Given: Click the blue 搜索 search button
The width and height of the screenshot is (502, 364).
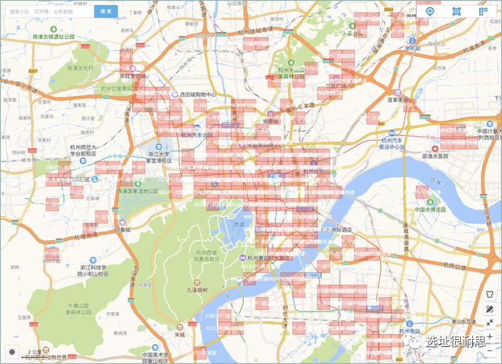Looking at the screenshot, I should point(105,11).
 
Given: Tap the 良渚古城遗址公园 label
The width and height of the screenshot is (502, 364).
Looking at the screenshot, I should point(53,36).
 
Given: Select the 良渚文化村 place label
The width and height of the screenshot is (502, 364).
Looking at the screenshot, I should point(80,68).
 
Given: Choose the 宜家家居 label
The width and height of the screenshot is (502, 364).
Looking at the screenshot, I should point(401,100).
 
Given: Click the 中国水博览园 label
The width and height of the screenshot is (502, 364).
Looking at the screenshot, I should point(430,210).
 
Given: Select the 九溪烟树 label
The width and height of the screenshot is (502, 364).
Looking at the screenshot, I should point(197,290).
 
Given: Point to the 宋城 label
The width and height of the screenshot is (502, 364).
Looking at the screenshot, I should point(179,334).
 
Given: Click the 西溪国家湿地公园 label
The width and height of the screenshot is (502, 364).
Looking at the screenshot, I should point(138,191).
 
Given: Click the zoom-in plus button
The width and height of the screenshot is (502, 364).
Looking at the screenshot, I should point(489,336).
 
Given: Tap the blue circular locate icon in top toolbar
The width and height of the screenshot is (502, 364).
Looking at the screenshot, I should point(429,11).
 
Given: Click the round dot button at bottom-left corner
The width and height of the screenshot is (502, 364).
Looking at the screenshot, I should point(12,351).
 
